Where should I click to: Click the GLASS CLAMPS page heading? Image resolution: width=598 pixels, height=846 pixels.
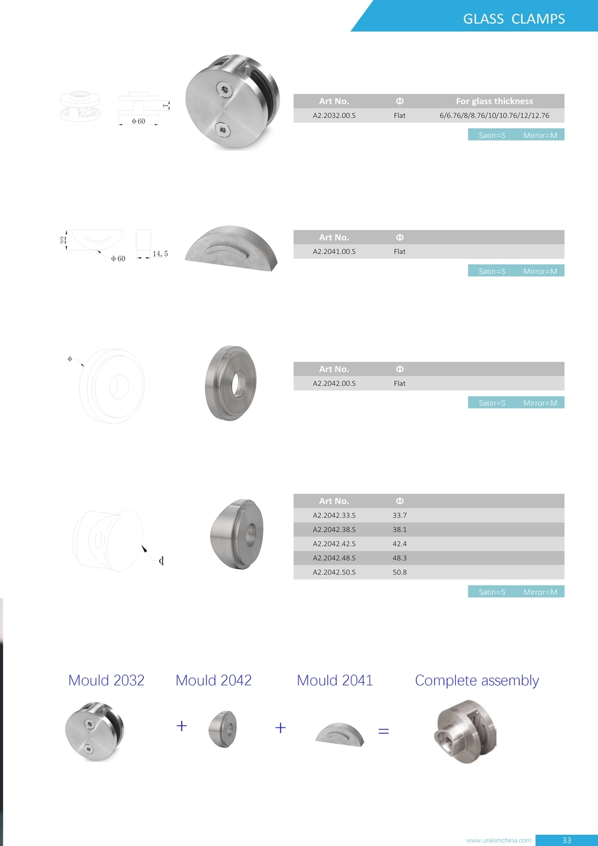pyautogui.click(x=513, y=19)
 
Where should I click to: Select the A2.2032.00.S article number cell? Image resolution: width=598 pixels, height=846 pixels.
pyautogui.click(x=334, y=116)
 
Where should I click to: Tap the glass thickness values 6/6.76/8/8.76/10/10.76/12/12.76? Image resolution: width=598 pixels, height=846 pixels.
pyautogui.click(x=494, y=116)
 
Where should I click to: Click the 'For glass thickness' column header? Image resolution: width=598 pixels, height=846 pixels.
pyautogui.click(x=494, y=101)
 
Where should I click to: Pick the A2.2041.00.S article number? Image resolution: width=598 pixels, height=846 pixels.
pyautogui.click(x=334, y=252)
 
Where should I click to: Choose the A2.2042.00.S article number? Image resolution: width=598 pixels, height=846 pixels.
pyautogui.click(x=334, y=384)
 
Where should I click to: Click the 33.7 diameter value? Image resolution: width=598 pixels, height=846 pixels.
pyautogui.click(x=399, y=516)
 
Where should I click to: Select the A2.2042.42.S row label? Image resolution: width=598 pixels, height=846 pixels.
pyautogui.click(x=334, y=544)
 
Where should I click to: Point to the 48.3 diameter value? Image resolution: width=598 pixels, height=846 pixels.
pyautogui.click(x=399, y=558)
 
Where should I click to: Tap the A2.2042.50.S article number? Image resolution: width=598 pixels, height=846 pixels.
pyautogui.click(x=334, y=572)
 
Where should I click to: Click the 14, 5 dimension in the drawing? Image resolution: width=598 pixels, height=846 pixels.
pyautogui.click(x=160, y=254)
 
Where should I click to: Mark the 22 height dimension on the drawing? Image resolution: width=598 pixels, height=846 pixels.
pyautogui.click(x=63, y=240)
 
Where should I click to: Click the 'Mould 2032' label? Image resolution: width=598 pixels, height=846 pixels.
pyautogui.click(x=106, y=681)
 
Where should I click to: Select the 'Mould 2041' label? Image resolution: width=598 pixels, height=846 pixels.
pyautogui.click(x=335, y=681)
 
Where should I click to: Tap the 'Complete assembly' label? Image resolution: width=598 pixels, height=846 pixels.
pyautogui.click(x=477, y=681)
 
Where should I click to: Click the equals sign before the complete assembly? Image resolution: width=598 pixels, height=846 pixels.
pyautogui.click(x=384, y=731)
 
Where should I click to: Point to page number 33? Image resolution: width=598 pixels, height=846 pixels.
pyautogui.click(x=566, y=840)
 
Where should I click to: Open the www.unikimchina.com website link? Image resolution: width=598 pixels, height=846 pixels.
pyautogui.click(x=499, y=840)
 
